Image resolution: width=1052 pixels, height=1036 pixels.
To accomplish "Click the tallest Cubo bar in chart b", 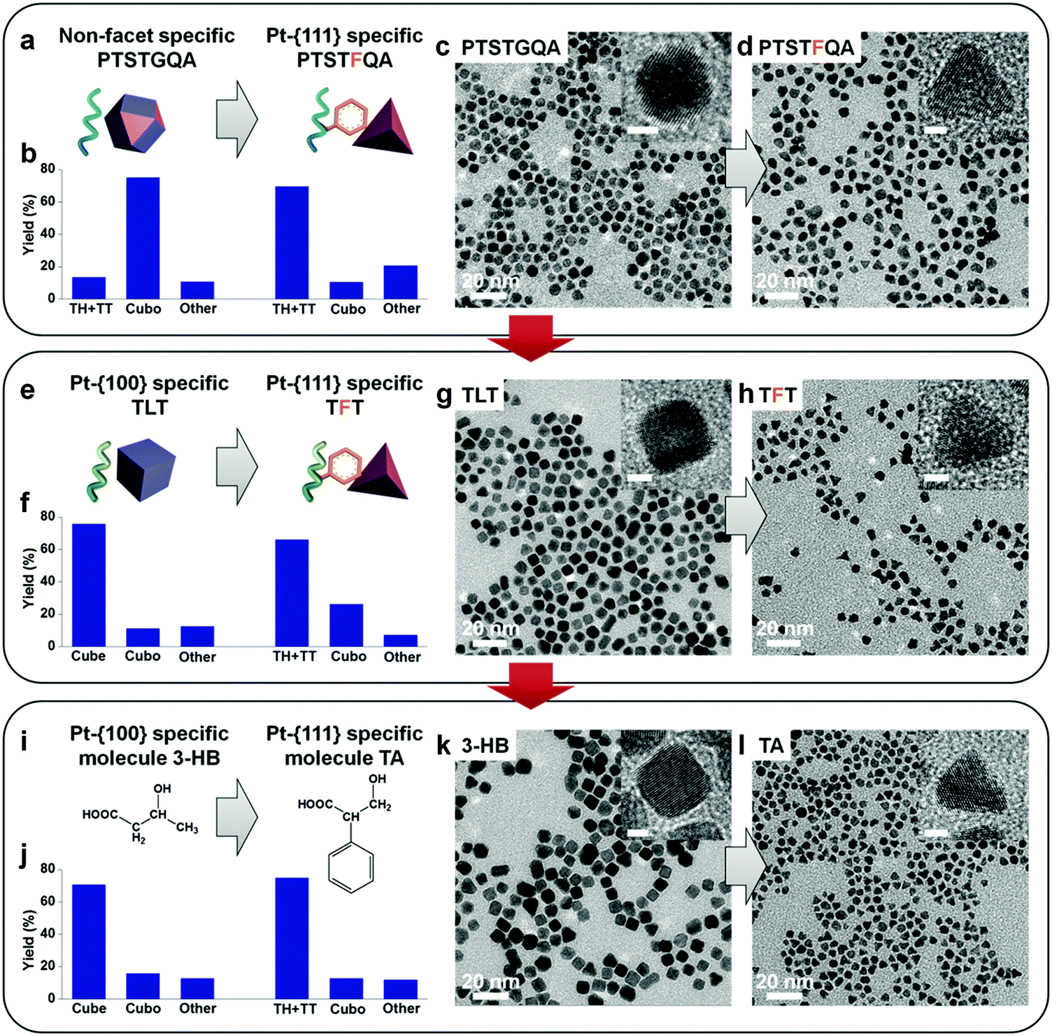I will click(143, 238).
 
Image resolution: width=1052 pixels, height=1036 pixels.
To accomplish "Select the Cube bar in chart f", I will click(89, 585).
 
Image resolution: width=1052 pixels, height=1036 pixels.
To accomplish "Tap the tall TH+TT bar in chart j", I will click(292, 937).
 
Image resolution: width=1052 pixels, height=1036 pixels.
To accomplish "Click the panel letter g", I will click(443, 396).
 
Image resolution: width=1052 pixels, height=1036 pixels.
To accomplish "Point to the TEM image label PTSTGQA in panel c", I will click(511, 48).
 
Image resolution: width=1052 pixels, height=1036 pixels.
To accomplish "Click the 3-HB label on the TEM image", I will click(485, 746).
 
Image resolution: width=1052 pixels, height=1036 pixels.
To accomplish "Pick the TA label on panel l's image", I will click(771, 746).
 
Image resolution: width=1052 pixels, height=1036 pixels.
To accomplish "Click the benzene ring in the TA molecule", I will click(350, 866).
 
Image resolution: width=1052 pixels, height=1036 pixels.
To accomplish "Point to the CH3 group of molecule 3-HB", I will click(187, 828).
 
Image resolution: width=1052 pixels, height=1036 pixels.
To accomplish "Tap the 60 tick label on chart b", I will click(48, 201).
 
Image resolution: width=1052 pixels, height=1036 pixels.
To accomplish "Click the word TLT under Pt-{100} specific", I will click(150, 407).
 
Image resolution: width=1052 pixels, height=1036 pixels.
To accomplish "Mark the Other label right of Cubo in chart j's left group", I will click(197, 1008).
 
